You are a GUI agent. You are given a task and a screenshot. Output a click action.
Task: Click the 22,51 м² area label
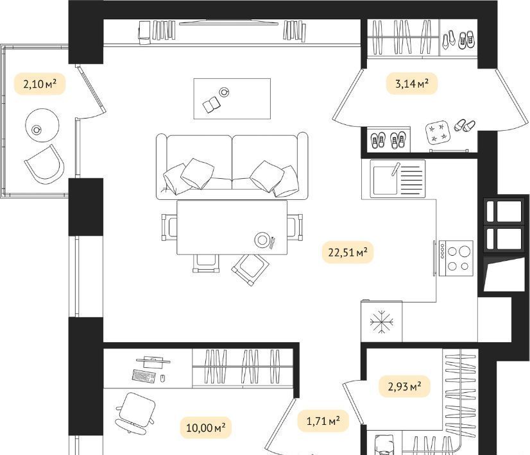click(x=348, y=252)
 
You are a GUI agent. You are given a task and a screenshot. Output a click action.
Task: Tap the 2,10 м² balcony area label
click(x=40, y=84)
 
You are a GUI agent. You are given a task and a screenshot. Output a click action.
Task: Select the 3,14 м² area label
click(x=412, y=83)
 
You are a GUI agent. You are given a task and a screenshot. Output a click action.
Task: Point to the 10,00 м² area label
click(x=206, y=427)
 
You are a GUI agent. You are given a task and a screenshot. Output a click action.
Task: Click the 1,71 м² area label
click(x=323, y=421)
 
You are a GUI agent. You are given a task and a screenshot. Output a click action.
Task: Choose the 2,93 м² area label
click(x=404, y=386)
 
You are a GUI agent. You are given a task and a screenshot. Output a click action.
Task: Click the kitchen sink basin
click(x=384, y=181)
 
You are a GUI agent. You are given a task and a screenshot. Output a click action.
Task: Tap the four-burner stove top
click(x=456, y=258)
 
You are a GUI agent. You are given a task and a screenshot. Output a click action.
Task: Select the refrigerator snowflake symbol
click(x=382, y=322)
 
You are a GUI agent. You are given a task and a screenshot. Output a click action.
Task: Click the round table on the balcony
click(x=42, y=126)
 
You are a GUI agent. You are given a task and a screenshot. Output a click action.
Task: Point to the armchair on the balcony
click(x=45, y=165)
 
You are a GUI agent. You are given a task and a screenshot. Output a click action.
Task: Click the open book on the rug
click(x=212, y=104)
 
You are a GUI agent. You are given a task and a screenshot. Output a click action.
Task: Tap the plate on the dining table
click(x=262, y=240)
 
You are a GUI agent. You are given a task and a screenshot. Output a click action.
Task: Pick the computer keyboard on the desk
click(x=144, y=376)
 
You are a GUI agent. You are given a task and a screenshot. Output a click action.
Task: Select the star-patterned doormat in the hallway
click(x=438, y=132)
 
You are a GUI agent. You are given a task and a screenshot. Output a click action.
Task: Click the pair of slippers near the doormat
click(x=465, y=126)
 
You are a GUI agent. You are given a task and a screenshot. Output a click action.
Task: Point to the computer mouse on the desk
click(x=162, y=378)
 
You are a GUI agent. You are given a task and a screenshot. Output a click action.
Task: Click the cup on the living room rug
click(x=224, y=92)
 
